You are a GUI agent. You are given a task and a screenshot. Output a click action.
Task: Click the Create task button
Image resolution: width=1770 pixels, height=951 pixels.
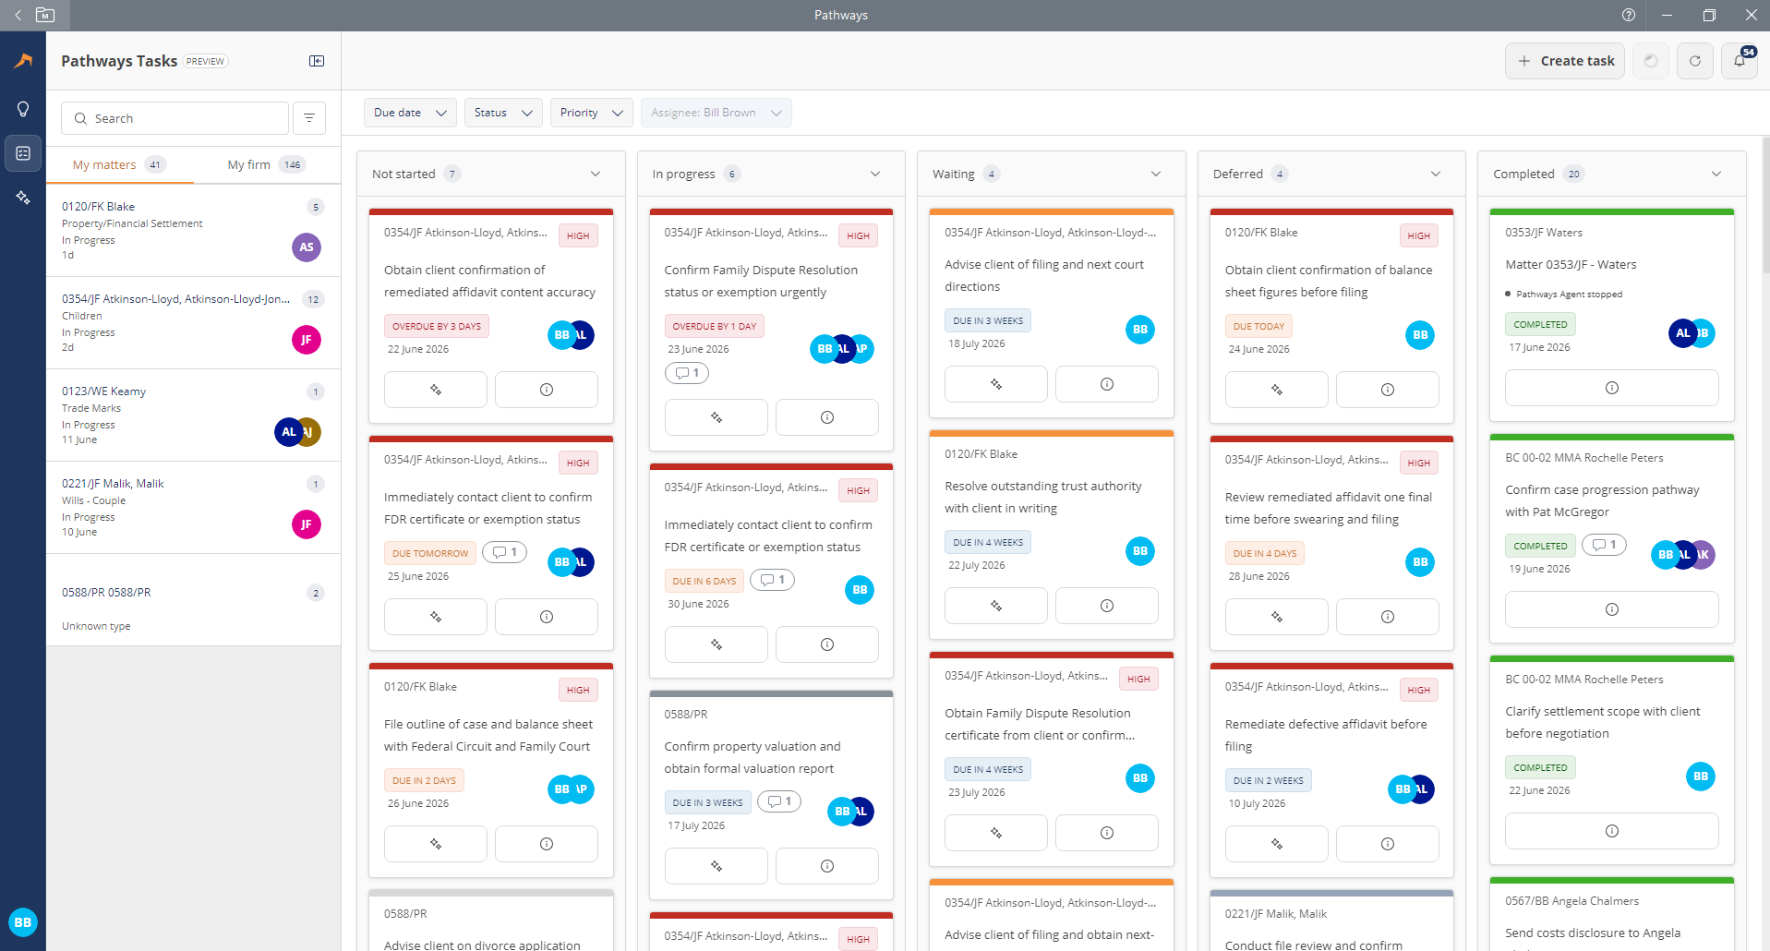coord(1565,61)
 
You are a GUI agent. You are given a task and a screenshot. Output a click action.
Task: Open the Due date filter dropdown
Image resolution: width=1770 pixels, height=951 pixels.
coord(410,113)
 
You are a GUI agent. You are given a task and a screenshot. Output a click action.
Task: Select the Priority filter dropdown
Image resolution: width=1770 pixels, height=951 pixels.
coord(591,113)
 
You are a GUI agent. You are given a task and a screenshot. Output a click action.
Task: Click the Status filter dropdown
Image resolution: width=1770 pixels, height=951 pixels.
coord(503,113)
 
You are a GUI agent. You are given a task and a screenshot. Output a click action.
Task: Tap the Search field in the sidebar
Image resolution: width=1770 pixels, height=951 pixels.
coord(175,118)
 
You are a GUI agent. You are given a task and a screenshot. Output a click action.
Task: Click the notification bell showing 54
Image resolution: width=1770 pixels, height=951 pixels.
coord(1740,61)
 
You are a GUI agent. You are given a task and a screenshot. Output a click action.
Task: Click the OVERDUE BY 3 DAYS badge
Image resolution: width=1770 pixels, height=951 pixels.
coord(437,326)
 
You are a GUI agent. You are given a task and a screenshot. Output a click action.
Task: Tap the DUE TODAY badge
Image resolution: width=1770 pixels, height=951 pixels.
coord(1258,326)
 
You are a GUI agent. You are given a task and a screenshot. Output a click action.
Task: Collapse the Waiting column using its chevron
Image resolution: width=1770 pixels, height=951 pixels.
coord(1156,174)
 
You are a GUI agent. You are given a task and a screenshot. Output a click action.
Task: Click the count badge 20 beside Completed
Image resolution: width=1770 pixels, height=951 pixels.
coord(1574,174)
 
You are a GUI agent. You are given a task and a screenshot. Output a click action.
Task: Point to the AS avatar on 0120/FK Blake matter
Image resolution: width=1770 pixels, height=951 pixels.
coord(307,247)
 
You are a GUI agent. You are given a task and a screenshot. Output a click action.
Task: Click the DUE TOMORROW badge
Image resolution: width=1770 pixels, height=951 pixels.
coord(430,553)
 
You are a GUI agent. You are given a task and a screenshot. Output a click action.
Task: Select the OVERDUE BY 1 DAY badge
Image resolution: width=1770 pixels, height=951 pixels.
coord(715,326)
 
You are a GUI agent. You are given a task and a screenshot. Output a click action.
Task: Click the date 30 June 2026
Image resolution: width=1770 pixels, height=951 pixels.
coord(698,604)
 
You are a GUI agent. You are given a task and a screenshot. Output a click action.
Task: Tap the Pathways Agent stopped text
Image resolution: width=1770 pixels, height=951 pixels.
coord(1569,295)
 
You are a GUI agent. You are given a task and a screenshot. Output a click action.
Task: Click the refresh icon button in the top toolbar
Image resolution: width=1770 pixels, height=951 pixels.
coord(1695,61)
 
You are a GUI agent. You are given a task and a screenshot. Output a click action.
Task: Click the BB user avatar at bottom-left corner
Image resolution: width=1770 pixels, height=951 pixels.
coord(23,922)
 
